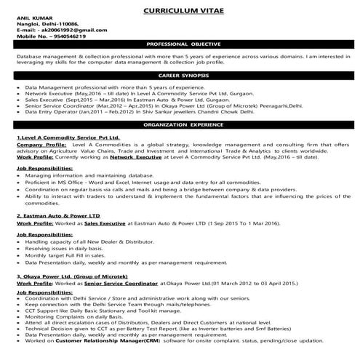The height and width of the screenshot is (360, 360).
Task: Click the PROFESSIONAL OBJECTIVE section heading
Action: point(180,44)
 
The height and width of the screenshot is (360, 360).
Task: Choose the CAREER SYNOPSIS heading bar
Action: point(180,75)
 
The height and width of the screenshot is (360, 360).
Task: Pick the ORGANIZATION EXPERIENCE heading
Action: point(180,124)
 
